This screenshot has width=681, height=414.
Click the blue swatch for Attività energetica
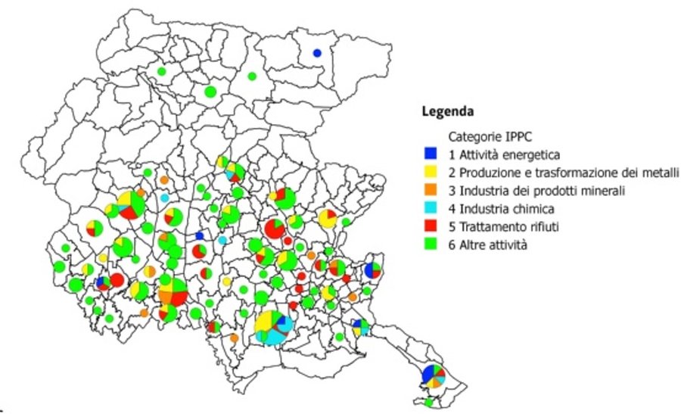click(x=430, y=154)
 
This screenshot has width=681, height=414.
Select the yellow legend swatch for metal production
click(x=430, y=172)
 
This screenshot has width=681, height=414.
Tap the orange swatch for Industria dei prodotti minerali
click(x=430, y=190)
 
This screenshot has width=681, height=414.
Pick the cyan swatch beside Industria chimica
click(x=430, y=208)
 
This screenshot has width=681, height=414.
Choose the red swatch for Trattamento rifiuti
click(x=430, y=226)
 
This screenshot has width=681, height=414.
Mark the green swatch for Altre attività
click(x=430, y=244)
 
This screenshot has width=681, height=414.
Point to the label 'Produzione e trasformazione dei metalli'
click(x=569, y=172)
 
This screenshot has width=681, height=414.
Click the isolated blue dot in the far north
click(x=317, y=53)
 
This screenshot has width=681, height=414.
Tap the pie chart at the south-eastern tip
click(x=434, y=375)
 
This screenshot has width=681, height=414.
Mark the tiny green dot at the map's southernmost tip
click(x=429, y=403)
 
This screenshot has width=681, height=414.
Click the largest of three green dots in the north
click(x=210, y=92)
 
